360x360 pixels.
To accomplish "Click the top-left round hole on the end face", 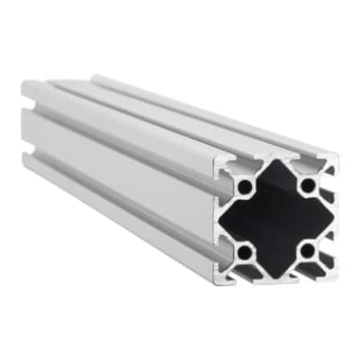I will coord(246,189).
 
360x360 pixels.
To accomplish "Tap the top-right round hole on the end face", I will coord(308,185).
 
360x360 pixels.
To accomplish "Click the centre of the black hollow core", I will coord(276,218).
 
